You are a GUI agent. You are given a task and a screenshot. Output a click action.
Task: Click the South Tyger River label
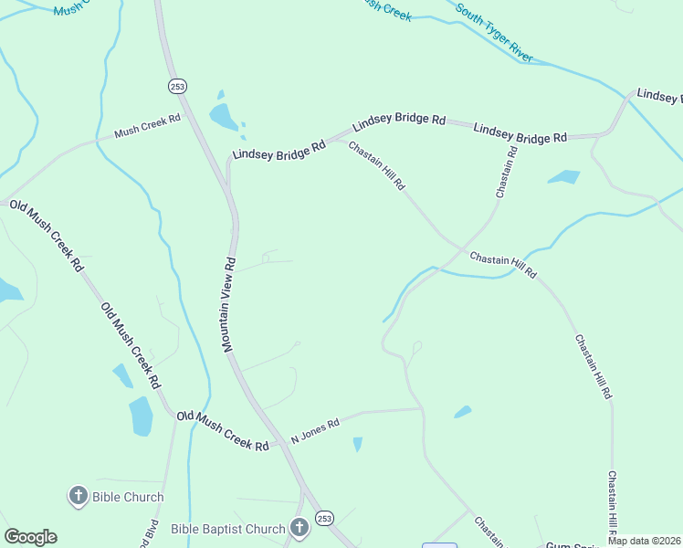[x=494, y=37]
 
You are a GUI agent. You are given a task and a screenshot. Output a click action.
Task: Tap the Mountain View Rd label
[x=228, y=304]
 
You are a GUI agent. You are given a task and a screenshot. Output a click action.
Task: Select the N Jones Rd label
[x=315, y=430]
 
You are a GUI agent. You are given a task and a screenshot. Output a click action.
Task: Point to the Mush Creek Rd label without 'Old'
[x=147, y=126]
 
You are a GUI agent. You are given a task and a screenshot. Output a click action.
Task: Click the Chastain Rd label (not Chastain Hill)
[x=506, y=172]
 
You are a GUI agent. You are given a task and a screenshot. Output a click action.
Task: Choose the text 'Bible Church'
[x=128, y=498]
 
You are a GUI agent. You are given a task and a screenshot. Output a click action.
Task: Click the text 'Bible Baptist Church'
[x=228, y=529]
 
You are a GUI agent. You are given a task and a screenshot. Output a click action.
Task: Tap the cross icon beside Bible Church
[x=79, y=497]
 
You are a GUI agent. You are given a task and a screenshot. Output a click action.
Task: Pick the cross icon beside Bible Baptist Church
[x=299, y=528]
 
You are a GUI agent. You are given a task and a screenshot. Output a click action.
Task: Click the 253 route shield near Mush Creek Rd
[x=177, y=85]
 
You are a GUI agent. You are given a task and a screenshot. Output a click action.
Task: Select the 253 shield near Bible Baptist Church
[x=324, y=519]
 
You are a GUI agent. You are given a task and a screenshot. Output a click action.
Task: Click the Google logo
[x=30, y=537]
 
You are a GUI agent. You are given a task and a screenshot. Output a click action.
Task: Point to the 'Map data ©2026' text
[x=644, y=541]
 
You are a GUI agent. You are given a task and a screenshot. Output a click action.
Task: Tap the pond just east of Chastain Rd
[x=564, y=176]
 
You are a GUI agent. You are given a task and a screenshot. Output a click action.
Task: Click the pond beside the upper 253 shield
[x=223, y=116]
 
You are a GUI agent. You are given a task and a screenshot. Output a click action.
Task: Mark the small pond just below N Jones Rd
[x=357, y=444]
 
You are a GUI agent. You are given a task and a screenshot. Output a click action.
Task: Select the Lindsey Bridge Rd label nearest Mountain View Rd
[x=278, y=150]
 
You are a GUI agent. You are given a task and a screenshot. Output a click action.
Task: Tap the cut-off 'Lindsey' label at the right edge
[x=659, y=96]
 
